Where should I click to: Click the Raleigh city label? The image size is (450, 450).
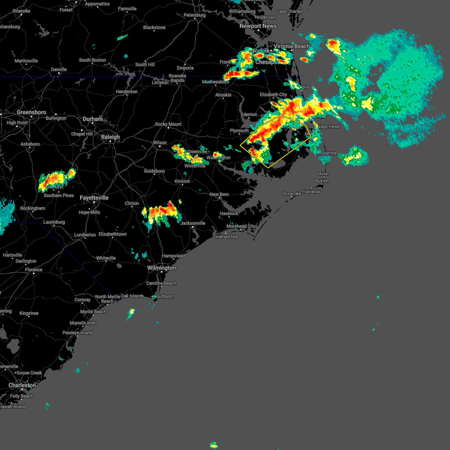pos(110,137)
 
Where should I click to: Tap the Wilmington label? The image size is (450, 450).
pos(161,268)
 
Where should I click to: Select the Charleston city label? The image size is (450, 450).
pos(22,385)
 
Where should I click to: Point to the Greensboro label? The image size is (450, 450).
pos(31,112)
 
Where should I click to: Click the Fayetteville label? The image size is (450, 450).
pos(94,198)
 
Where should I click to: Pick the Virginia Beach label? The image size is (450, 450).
pos(292,46)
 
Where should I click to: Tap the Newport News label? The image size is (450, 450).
pos(258,26)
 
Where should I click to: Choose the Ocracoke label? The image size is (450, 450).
pos(291,194)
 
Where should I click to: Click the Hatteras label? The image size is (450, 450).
pos(312,192)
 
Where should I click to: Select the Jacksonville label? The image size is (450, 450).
pos(193,223)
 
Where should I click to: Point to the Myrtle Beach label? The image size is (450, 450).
pos(93,312)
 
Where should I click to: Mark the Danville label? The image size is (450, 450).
pos(59,70)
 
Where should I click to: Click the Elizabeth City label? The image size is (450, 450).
pos(273,95)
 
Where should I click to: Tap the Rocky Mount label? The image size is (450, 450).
pos(168,124)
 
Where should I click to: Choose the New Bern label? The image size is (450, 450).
pos(219,195)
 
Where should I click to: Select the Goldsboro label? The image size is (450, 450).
pos(154,171)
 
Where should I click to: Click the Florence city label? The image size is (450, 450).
pos(34,270)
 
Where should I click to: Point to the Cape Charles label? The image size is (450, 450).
pos(289,12)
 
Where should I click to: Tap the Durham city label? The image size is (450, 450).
pos(93,119)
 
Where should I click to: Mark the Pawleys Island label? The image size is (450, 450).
pos(77,333)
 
